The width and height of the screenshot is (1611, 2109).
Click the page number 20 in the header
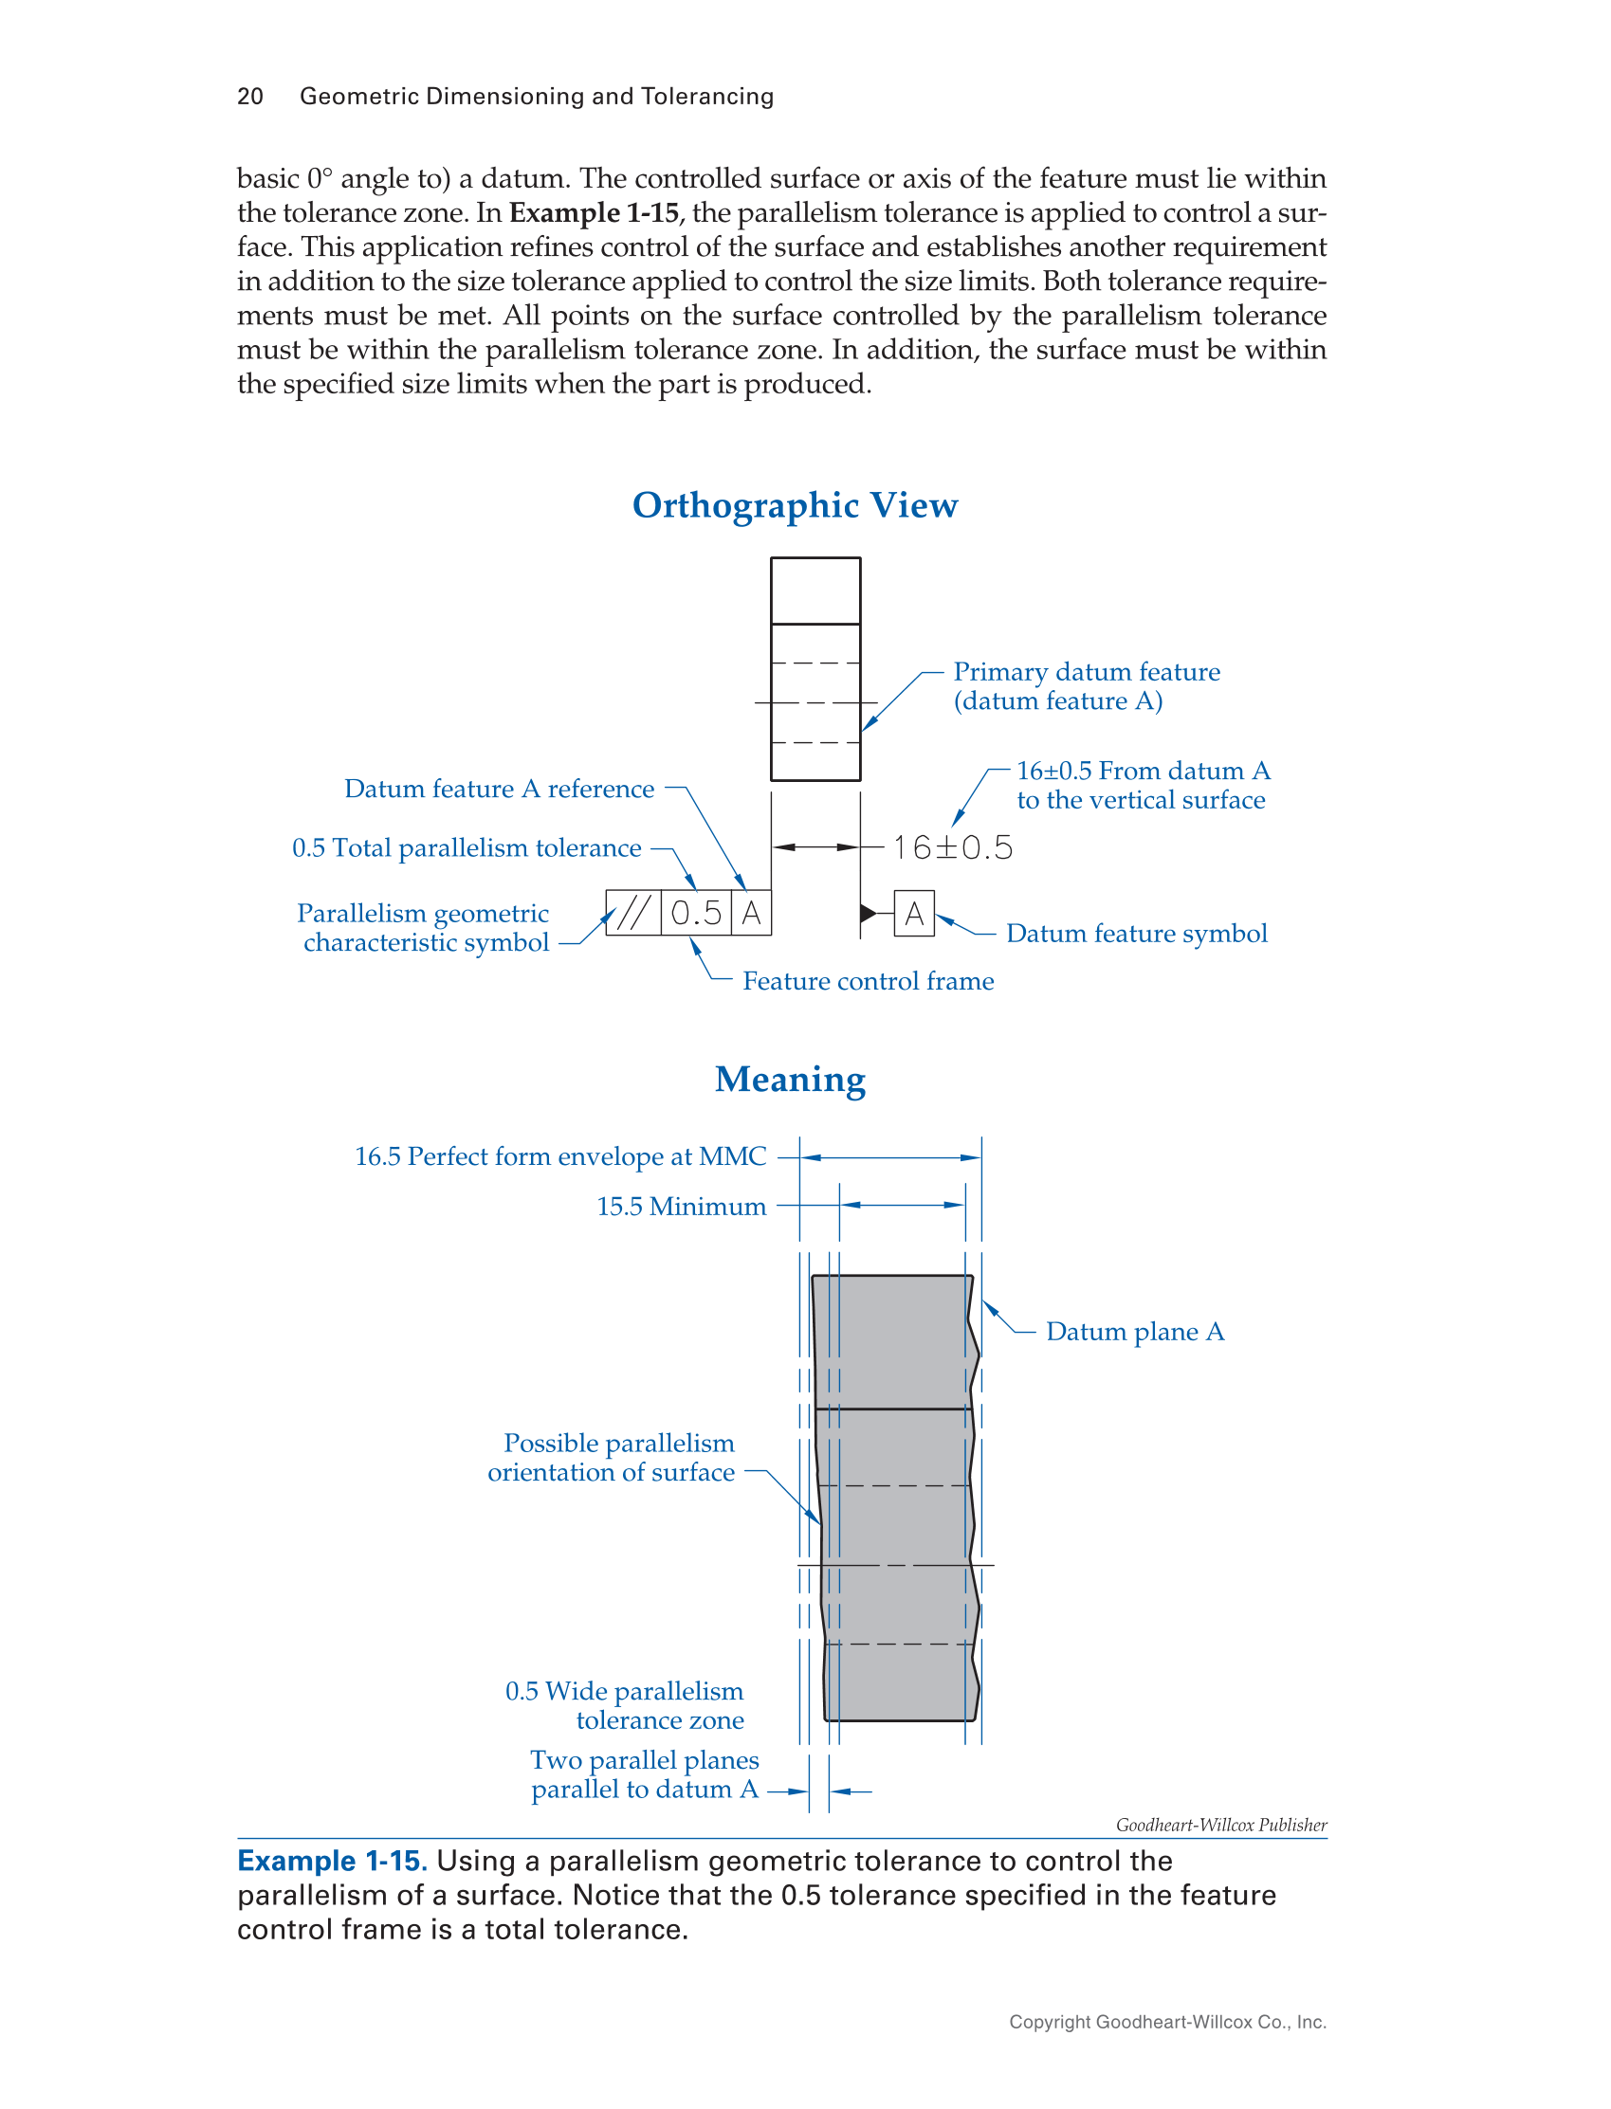250,96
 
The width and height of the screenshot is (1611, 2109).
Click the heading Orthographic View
795,505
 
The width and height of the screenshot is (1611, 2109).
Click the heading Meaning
790,1080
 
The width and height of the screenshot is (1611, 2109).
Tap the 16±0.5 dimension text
952,847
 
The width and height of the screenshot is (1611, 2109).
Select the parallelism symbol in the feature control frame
633,913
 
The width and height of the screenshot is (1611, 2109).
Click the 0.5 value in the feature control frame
696,913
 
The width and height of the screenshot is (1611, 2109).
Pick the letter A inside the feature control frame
752,913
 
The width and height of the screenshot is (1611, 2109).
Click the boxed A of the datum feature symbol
915,914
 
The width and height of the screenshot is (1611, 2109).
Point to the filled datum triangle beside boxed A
869,913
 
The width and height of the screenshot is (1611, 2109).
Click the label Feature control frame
868,982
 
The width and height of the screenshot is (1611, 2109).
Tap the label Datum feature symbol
1136,934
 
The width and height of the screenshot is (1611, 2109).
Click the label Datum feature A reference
499,789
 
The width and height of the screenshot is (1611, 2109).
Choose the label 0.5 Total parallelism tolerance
466,848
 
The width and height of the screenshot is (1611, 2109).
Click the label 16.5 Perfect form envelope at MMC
560,1157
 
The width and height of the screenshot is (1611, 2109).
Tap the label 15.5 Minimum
681,1207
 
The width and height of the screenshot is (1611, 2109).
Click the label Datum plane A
1134,1332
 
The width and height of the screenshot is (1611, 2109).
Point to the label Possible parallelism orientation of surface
612,1457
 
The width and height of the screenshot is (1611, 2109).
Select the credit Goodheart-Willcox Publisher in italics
1220,1826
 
